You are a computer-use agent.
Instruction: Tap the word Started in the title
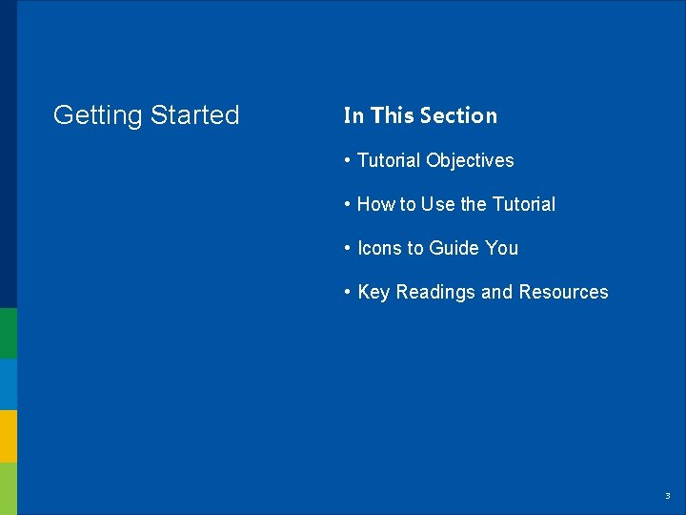(x=195, y=115)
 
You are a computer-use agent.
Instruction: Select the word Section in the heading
(x=458, y=115)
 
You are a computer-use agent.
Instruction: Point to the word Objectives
(x=470, y=160)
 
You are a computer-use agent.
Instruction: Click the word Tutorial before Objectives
(x=389, y=160)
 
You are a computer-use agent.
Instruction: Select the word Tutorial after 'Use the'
(x=523, y=204)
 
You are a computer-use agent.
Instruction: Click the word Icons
(x=379, y=248)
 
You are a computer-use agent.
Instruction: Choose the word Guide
(x=454, y=248)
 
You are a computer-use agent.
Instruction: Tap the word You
(x=501, y=248)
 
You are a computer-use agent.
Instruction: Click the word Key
(x=373, y=292)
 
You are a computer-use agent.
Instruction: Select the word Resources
(x=563, y=292)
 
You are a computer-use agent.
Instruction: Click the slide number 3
(x=667, y=496)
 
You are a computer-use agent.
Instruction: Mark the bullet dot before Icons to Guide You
(x=348, y=248)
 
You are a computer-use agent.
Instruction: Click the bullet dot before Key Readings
(x=348, y=292)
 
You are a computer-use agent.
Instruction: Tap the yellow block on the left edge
(x=8, y=436)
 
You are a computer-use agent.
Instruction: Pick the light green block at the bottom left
(x=8, y=488)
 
